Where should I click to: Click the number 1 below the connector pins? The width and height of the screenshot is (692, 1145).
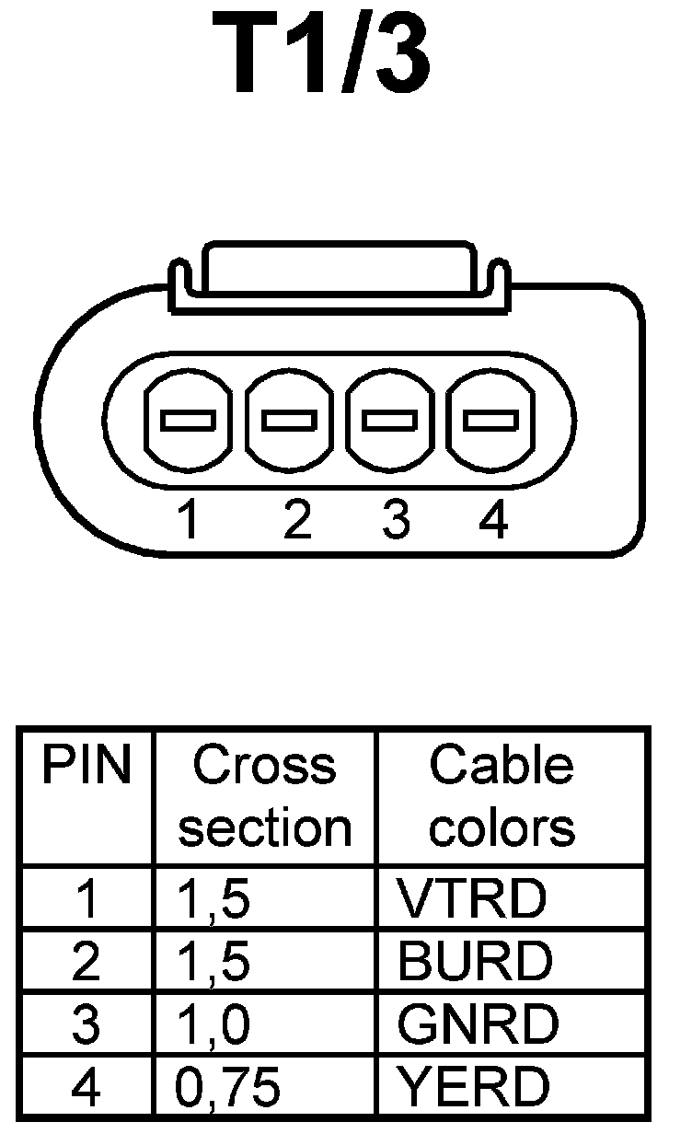click(189, 522)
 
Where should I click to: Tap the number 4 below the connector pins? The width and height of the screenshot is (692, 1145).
click(494, 522)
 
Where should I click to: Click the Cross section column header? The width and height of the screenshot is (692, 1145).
click(265, 797)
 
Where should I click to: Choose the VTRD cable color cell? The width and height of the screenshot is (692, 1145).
click(471, 899)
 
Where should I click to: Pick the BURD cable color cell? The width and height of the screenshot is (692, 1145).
click(475, 962)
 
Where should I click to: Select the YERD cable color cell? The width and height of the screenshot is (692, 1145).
click(474, 1087)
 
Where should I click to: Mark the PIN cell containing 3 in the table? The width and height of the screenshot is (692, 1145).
click(85, 1024)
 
